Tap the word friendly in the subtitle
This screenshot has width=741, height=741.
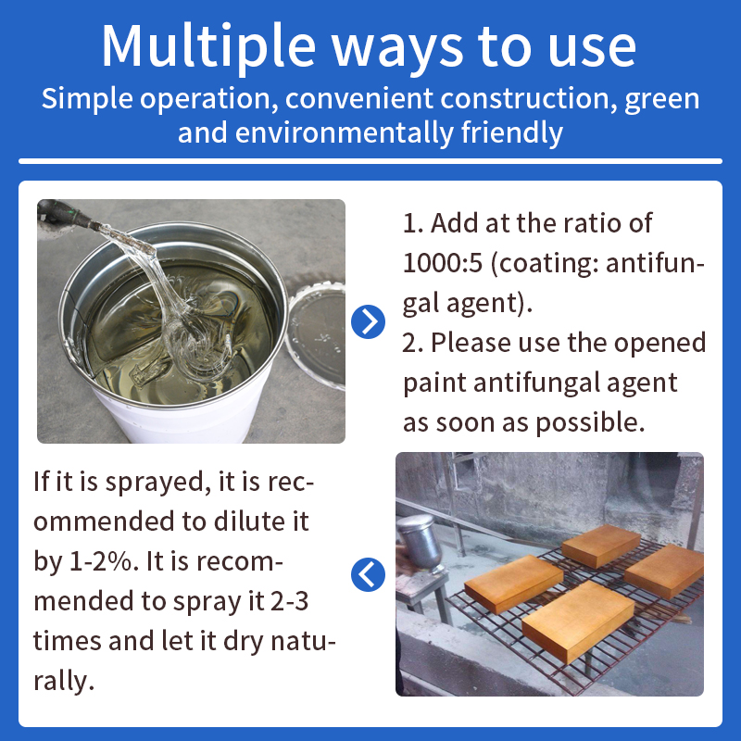[512, 132]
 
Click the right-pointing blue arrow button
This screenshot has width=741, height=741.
[368, 321]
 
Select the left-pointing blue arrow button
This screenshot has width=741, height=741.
[368, 574]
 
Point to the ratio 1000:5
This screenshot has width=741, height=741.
[443, 263]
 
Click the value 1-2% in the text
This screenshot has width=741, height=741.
[101, 562]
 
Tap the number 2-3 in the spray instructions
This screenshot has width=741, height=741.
[290, 601]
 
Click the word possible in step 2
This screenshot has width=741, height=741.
[590, 423]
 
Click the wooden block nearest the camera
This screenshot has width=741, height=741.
[578, 622]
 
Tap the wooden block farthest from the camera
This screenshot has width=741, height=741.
[600, 546]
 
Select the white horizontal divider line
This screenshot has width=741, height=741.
[370, 161]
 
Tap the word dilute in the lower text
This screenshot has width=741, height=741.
[245, 521]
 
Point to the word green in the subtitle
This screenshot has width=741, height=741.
[662, 100]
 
